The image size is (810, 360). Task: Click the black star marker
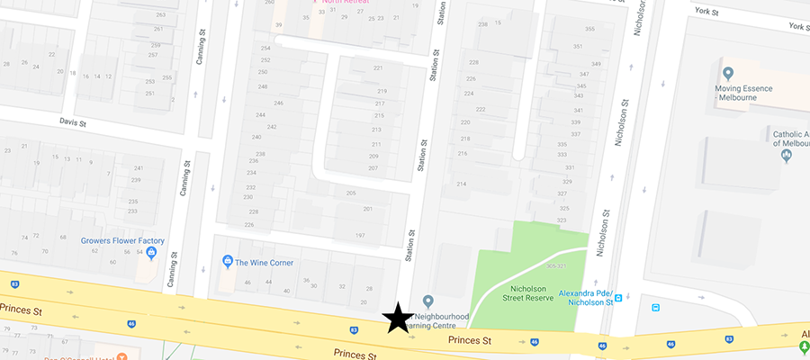click(396, 318)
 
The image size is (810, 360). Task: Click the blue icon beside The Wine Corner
click(228, 262)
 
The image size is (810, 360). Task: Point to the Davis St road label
click(72, 121)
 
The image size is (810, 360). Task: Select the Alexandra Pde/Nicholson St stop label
click(585, 298)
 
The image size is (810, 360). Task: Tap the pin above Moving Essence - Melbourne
click(727, 73)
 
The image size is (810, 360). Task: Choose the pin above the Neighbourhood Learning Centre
click(428, 301)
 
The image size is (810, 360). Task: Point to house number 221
click(378, 68)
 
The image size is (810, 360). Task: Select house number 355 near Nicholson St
click(589, 30)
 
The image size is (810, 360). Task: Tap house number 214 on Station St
click(462, 184)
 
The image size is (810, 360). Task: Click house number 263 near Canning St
click(160, 15)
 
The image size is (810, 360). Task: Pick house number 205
click(351, 193)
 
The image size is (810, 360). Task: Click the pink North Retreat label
click(346, 3)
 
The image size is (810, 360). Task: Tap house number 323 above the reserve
click(562, 220)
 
